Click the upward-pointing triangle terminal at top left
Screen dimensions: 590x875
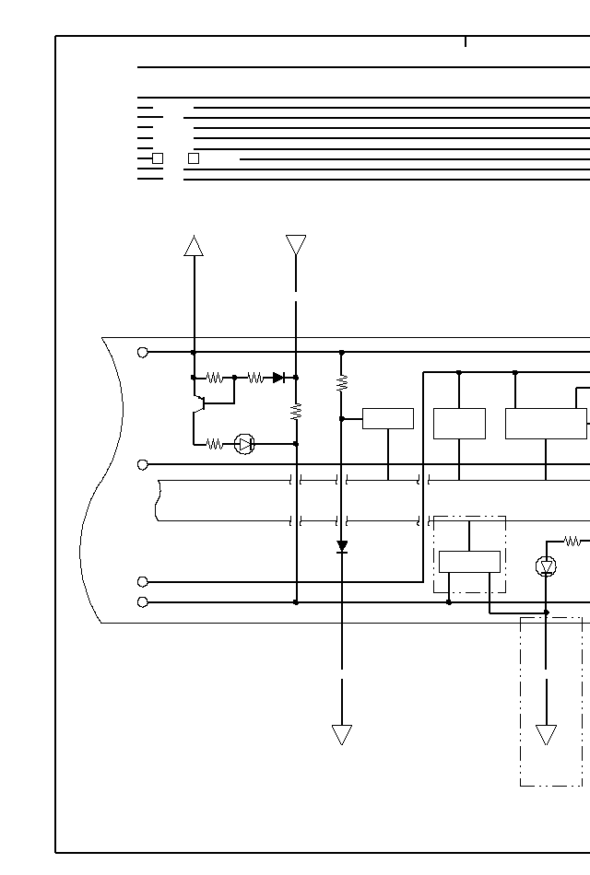[194, 246]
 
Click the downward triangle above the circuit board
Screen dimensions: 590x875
[296, 244]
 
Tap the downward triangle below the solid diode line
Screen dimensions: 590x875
[342, 734]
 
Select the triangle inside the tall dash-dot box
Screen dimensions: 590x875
[546, 734]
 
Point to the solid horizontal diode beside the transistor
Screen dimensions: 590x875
[278, 378]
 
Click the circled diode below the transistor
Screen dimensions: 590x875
[244, 444]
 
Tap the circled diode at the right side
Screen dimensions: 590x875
[546, 566]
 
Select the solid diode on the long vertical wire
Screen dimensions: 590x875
[342, 546]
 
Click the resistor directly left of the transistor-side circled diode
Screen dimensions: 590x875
[215, 444]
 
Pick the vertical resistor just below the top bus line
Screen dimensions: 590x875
[342, 382]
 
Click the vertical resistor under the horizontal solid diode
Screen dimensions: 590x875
[296, 411]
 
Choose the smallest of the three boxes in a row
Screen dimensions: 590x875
[388, 418]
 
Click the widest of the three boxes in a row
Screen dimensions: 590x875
[546, 424]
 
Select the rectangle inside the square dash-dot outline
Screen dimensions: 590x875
[469, 561]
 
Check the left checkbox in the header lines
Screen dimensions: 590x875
[158, 158]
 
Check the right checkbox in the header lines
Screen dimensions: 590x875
[194, 158]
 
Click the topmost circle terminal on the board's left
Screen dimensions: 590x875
[143, 352]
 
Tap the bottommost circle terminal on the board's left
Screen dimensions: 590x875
[143, 602]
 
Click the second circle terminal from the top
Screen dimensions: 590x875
[143, 465]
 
